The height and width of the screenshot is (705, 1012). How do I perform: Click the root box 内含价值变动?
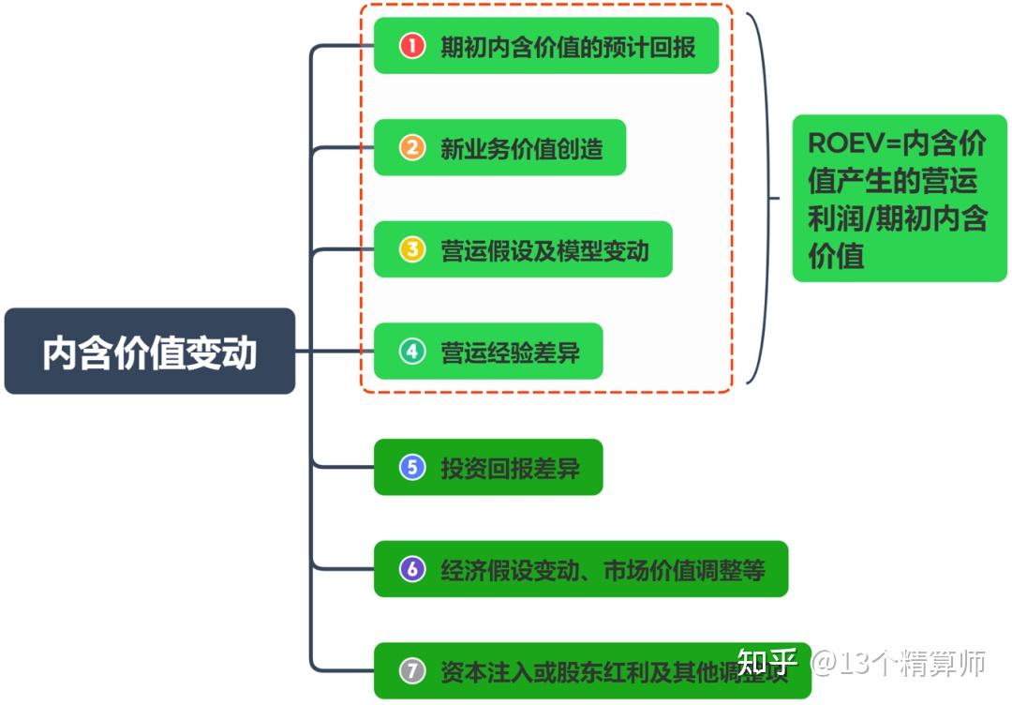(150, 352)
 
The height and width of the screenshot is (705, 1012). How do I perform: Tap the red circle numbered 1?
(412, 46)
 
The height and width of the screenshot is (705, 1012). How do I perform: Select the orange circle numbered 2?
(412, 147)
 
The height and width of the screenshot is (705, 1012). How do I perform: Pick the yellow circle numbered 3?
(412, 249)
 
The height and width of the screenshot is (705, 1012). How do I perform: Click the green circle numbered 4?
(412, 352)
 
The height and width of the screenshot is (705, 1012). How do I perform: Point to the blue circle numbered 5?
(412, 467)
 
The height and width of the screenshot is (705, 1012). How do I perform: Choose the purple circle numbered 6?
(412, 569)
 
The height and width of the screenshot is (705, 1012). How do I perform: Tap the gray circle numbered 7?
(412, 671)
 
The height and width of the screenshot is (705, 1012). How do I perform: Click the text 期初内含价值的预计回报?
(568, 46)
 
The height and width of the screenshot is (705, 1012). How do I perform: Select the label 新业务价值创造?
(522, 148)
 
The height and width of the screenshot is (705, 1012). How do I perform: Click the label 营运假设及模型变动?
(544, 250)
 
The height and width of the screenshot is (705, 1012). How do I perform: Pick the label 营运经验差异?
(511, 352)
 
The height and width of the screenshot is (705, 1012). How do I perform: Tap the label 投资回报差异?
(511, 468)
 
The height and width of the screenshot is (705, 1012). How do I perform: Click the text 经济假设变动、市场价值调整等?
(603, 569)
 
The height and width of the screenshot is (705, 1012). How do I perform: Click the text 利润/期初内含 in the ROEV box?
(898, 218)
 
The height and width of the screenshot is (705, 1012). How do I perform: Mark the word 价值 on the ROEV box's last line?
(836, 255)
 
